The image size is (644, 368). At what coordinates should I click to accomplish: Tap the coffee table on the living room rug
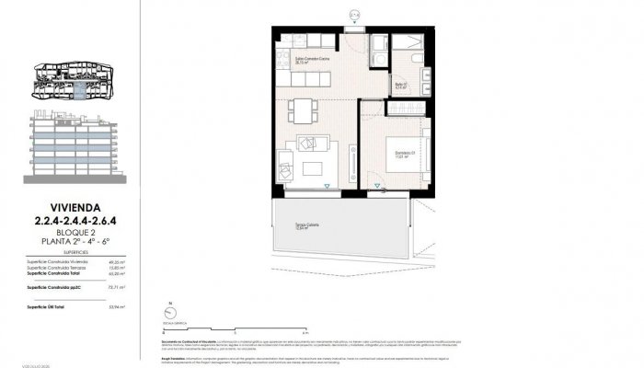pos(311,167)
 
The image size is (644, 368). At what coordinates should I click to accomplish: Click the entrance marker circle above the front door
pos(355,13)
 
